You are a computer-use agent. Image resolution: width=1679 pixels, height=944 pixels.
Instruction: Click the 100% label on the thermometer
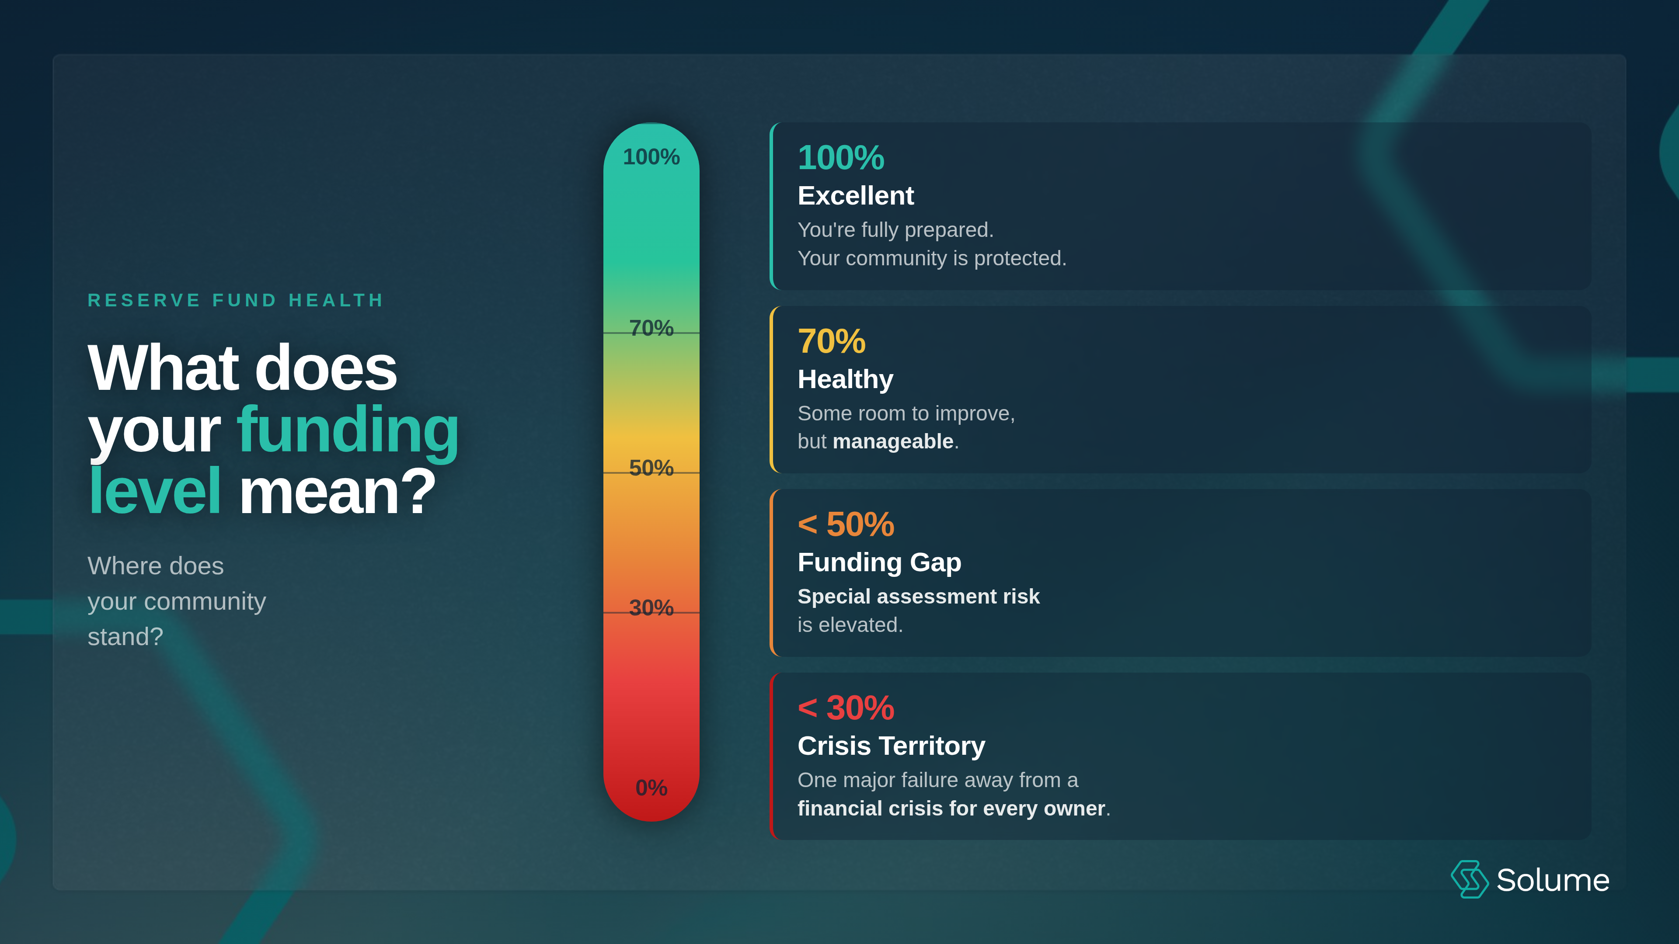(x=651, y=157)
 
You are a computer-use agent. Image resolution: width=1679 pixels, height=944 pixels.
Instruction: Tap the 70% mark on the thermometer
(x=651, y=328)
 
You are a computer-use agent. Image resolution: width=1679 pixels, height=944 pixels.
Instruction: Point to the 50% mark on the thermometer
(x=651, y=468)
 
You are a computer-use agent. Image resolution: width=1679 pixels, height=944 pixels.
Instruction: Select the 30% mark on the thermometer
(x=651, y=608)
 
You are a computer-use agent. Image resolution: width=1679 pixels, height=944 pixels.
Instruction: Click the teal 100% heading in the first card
(x=841, y=158)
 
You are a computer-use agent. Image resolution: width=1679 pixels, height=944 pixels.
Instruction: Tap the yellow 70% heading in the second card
(x=832, y=341)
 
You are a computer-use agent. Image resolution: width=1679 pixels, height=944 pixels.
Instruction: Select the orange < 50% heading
(x=846, y=524)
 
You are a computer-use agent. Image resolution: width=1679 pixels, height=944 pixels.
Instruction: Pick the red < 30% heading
(x=846, y=708)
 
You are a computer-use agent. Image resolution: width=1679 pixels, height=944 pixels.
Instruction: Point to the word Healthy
(x=845, y=379)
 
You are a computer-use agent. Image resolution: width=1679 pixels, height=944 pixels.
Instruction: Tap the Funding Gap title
(x=879, y=562)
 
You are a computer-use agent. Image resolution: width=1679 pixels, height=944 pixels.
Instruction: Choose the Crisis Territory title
(x=891, y=746)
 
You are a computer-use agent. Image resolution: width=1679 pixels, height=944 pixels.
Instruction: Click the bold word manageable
(x=893, y=442)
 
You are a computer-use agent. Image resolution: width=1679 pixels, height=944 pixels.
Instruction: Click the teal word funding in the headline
(x=348, y=430)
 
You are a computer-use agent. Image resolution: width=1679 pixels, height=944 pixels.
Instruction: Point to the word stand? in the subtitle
(x=125, y=636)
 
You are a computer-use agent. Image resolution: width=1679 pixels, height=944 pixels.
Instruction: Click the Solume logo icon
(x=1469, y=879)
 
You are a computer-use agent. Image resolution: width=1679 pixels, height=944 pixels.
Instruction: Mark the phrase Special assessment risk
(x=918, y=597)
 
